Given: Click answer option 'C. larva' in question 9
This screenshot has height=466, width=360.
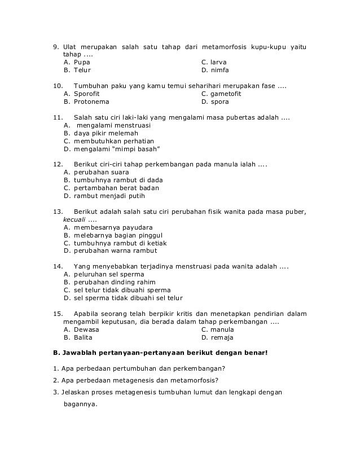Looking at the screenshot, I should click(x=214, y=62).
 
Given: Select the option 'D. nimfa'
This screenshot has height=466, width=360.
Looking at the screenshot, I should click(x=215, y=70).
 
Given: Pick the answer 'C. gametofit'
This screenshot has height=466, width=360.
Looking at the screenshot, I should click(x=221, y=94).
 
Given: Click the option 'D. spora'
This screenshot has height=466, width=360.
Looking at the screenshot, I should click(x=215, y=102).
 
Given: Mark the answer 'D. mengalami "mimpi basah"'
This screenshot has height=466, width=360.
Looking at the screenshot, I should click(x=112, y=149).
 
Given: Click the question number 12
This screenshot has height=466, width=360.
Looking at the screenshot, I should click(x=58, y=164).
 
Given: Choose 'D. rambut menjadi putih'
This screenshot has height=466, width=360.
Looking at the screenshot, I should click(x=104, y=196).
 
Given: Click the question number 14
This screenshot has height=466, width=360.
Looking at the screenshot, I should click(x=58, y=266).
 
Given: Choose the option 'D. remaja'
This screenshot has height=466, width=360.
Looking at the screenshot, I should click(x=217, y=337).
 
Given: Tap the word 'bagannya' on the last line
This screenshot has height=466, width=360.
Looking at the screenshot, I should click(x=81, y=404).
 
